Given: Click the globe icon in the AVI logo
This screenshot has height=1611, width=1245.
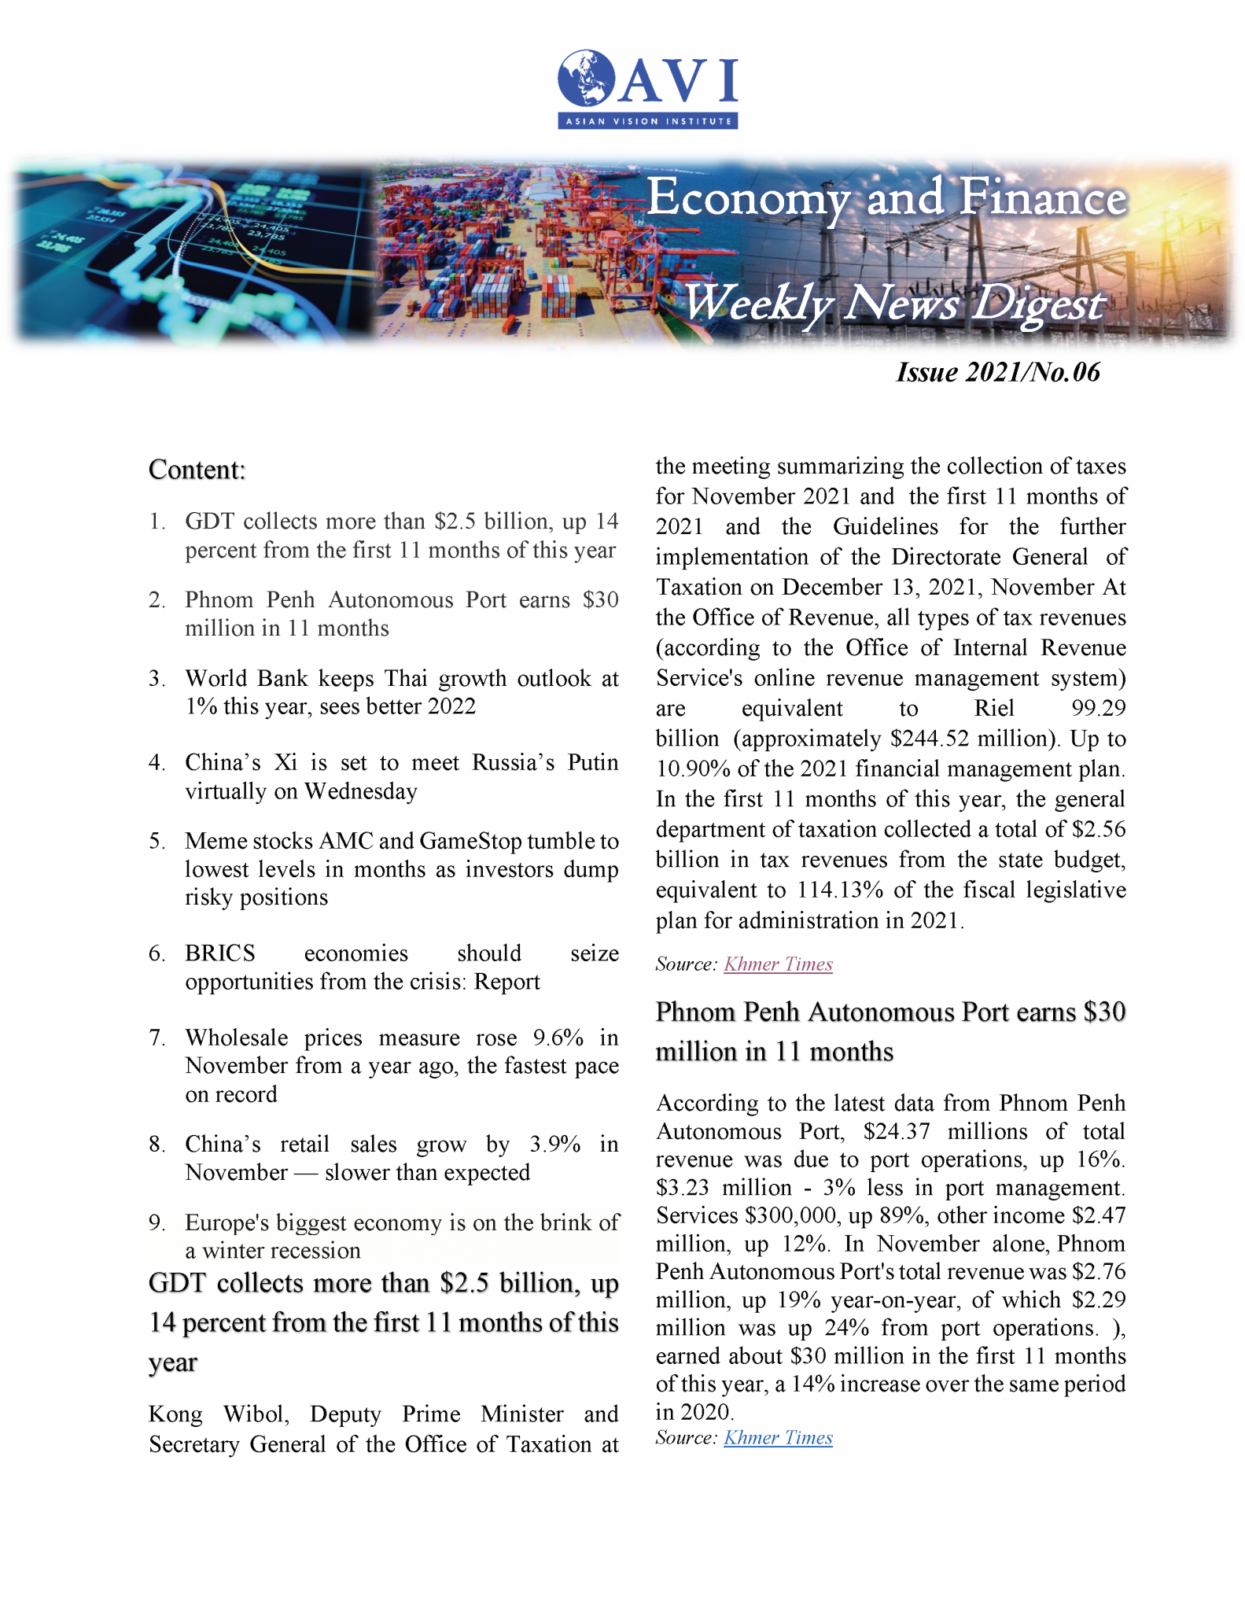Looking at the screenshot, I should pyautogui.click(x=587, y=78).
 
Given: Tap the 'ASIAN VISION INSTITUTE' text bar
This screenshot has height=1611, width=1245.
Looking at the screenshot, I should pyautogui.click(x=647, y=121).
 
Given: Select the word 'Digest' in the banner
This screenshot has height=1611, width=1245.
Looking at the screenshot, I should pyautogui.click(x=1038, y=304).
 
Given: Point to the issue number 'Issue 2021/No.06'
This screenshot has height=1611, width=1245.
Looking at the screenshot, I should pyautogui.click(x=997, y=372).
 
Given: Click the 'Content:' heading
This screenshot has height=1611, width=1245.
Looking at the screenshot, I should pyautogui.click(x=197, y=470).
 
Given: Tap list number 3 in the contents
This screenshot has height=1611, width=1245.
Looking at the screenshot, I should pyautogui.click(x=157, y=679).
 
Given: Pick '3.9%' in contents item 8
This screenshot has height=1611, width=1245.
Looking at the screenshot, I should pyautogui.click(x=555, y=1144).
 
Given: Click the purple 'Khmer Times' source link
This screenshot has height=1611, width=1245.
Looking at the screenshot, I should pyautogui.click(x=778, y=964).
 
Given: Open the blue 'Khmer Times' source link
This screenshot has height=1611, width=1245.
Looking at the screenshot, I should pyautogui.click(x=778, y=1438).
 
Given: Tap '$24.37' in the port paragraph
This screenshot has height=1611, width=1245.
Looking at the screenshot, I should pyautogui.click(x=896, y=1132).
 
